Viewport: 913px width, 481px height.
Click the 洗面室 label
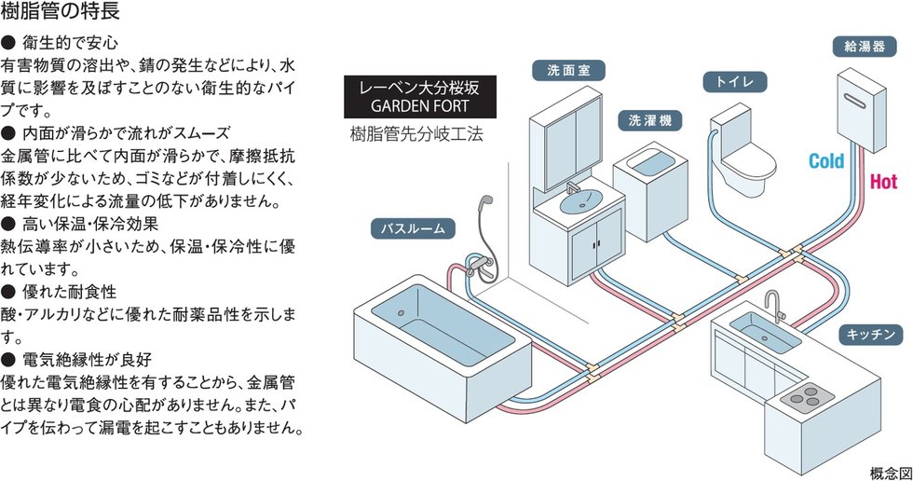click(x=568, y=70)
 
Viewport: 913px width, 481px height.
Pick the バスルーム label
click(x=415, y=227)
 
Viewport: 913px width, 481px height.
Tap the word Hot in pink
click(x=882, y=183)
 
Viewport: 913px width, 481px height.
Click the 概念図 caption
click(x=885, y=470)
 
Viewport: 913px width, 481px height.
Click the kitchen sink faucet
click(x=772, y=305)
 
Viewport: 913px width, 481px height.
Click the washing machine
click(x=649, y=186)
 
